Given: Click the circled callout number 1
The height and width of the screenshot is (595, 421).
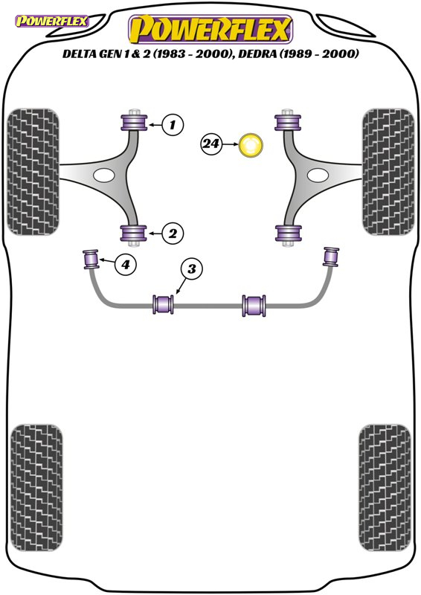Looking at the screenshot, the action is (x=173, y=124).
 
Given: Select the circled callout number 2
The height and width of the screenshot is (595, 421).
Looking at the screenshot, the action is (x=173, y=233).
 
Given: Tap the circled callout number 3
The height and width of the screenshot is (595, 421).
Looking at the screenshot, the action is (x=192, y=269).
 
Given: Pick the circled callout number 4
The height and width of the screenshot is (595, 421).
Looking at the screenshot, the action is (x=126, y=264).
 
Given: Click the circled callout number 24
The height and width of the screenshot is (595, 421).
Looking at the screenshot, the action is (x=211, y=144).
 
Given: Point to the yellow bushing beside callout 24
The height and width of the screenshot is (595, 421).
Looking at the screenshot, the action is (x=251, y=145).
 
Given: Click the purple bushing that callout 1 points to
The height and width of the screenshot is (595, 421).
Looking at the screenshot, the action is (x=134, y=122).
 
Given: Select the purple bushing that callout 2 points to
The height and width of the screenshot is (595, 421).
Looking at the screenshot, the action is (x=133, y=234).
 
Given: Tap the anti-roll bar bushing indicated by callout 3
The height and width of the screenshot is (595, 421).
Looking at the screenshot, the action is (x=163, y=304).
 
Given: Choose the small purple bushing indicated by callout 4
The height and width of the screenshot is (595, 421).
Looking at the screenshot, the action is (x=91, y=259).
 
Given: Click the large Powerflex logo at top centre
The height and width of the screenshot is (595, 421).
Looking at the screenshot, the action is (x=210, y=29).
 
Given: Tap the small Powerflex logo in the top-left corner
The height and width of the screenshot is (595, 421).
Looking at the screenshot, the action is (x=51, y=21).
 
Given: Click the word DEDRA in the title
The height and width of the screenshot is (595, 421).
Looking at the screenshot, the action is (x=258, y=54).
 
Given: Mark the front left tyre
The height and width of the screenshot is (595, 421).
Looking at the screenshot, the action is (x=33, y=172).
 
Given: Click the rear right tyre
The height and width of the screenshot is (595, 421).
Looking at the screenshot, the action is (x=385, y=489).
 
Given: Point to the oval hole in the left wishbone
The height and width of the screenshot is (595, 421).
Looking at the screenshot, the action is (x=103, y=176).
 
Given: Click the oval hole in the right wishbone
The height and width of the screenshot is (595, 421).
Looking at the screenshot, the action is (x=318, y=176).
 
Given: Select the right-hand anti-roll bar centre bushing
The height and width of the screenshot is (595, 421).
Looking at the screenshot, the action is (x=254, y=306).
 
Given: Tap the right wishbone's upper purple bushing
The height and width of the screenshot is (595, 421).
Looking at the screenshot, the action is (x=288, y=122).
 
